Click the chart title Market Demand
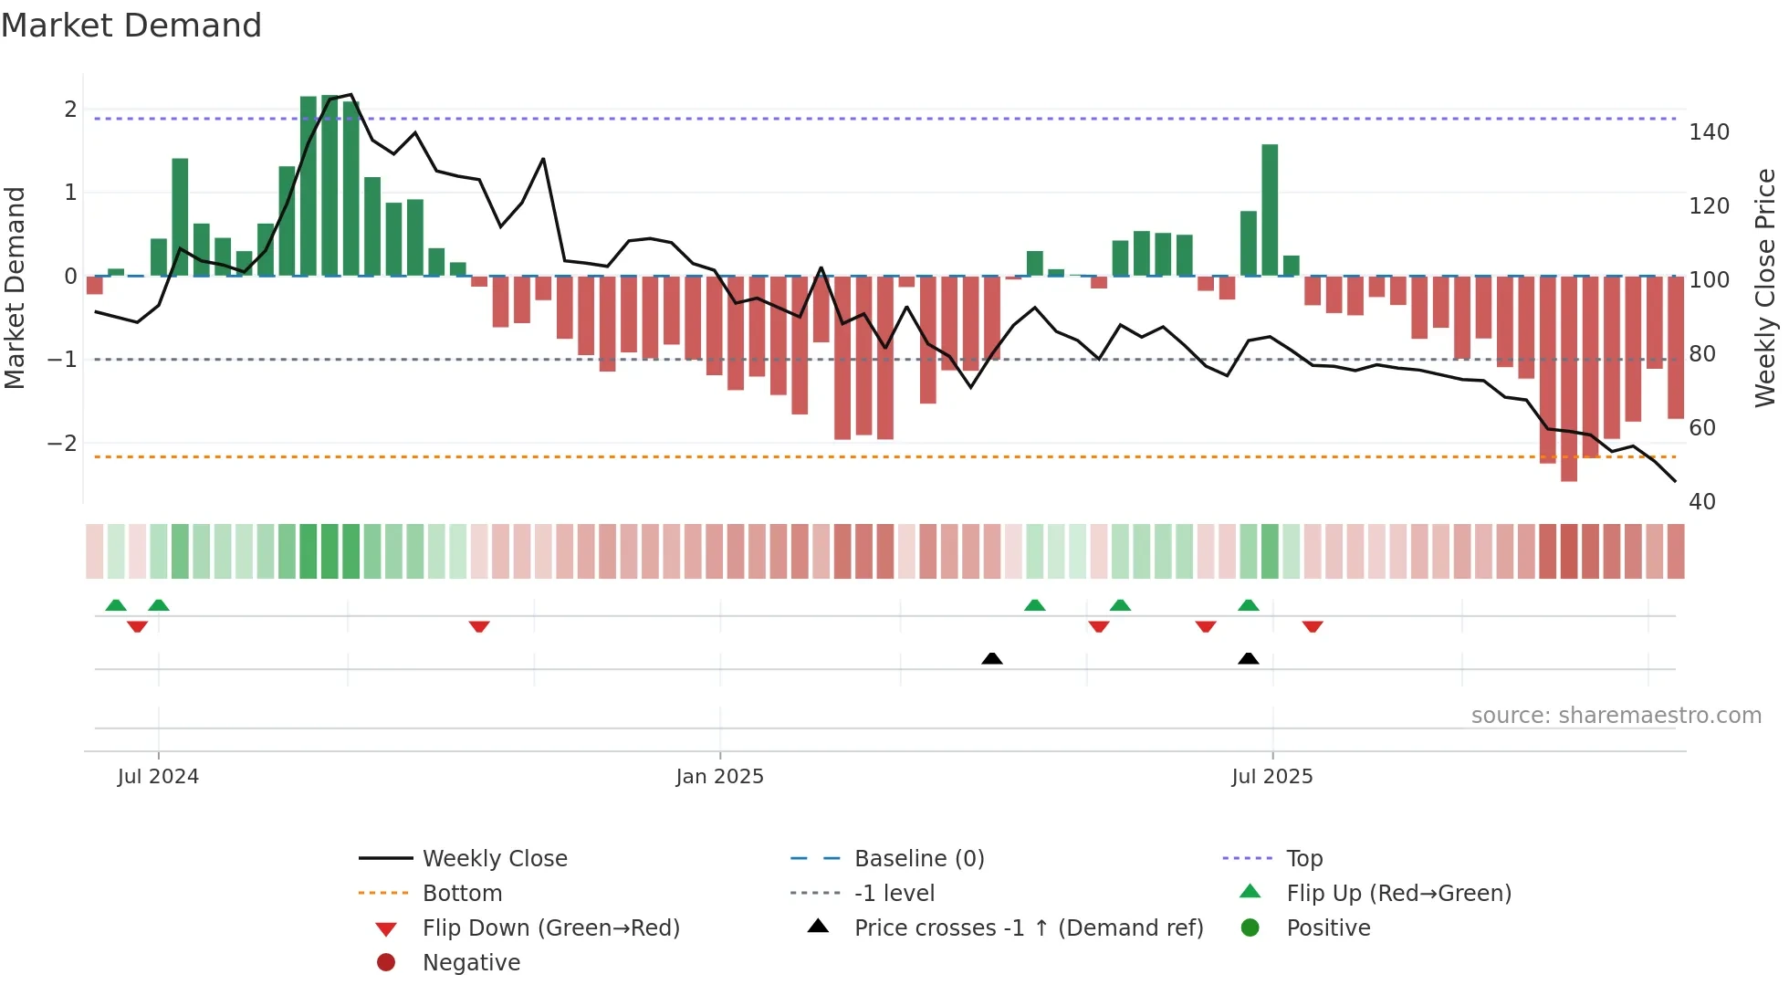point(131,26)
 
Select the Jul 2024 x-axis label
point(158,777)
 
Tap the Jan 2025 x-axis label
point(719,777)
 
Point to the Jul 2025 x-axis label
point(1271,777)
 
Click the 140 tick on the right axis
point(1709,132)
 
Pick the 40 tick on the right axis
point(1701,502)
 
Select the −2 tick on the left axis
point(62,444)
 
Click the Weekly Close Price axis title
point(1765,288)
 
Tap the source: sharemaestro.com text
point(1616,716)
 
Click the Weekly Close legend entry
point(494,859)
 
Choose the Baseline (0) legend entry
point(918,859)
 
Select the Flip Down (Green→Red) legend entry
point(550,928)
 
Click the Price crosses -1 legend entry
point(1028,928)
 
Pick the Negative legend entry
point(471,963)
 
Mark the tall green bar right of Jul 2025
point(1270,210)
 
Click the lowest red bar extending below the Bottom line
point(1568,379)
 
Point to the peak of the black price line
point(351,95)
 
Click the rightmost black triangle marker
point(1248,658)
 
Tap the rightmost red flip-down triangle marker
point(1313,626)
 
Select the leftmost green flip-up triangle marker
point(116,605)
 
